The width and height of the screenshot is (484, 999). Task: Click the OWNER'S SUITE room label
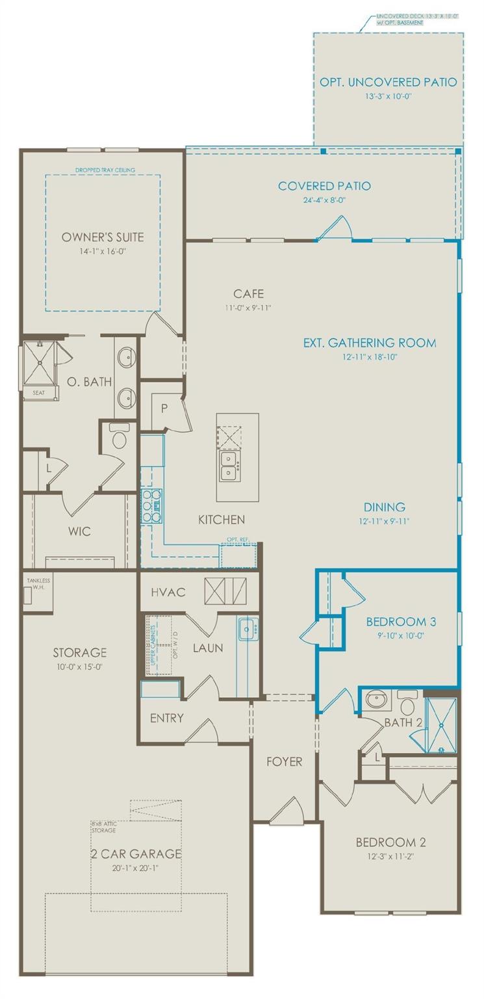103,237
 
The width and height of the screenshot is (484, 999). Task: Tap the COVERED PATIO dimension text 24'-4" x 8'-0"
315,200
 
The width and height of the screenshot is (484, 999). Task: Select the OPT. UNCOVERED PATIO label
388,82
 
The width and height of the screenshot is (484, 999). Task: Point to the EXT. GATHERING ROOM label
370,343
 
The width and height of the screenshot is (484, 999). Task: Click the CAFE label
249,294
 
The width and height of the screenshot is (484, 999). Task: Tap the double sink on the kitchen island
229,465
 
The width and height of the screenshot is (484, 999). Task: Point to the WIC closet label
79,531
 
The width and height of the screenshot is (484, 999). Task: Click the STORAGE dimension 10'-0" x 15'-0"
80,667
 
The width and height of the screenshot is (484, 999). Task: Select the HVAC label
168,592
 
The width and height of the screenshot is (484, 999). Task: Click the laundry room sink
247,629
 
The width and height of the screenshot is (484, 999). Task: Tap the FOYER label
284,761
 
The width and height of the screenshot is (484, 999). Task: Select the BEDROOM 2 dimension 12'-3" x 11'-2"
390,857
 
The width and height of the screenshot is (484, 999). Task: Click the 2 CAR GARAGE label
136,853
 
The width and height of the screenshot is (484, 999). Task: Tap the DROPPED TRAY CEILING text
105,170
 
